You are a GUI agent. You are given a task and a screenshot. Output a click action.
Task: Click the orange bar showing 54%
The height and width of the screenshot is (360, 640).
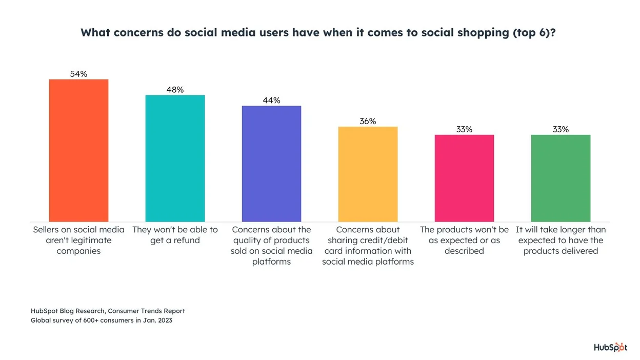[78, 150]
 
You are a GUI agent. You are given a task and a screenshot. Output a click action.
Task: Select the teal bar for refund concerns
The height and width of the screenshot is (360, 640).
[175, 158]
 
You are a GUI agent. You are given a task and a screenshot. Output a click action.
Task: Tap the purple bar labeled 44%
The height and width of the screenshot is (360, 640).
[271, 164]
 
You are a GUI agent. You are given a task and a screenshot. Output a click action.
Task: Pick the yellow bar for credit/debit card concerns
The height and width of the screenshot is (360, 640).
[368, 174]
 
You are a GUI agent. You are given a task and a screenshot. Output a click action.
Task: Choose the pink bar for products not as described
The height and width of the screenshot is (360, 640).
[464, 178]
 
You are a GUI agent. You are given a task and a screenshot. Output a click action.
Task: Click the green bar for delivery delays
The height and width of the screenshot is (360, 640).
[561, 178]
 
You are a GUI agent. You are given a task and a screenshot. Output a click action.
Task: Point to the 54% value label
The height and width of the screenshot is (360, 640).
[78, 74]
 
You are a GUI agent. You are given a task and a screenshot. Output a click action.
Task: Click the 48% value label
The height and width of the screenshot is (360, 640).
[175, 90]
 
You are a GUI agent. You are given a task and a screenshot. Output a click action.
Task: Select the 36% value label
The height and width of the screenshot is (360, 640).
[368, 122]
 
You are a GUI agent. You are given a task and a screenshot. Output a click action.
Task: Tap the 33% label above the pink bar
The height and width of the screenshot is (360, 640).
[464, 130]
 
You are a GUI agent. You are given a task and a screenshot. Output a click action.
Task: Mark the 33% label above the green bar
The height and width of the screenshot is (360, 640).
[561, 130]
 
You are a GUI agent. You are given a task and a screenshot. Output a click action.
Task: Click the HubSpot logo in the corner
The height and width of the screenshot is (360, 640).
[610, 347]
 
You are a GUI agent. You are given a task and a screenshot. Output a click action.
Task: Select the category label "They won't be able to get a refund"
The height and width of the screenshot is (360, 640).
[175, 235]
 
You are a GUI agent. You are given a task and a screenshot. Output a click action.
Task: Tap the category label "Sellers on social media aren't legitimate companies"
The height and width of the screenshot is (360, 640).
[78, 240]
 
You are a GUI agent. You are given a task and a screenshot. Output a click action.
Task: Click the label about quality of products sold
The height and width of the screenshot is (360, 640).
[271, 246]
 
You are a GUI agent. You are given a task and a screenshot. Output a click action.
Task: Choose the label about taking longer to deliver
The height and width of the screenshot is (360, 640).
[561, 240]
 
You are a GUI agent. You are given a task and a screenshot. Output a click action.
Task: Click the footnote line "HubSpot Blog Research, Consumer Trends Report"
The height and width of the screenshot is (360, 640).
[108, 311]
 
